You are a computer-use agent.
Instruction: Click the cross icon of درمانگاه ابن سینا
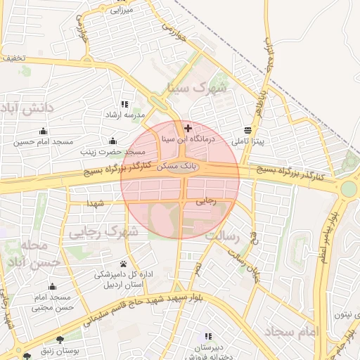(x=188, y=128)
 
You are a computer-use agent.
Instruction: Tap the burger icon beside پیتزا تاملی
(x=247, y=130)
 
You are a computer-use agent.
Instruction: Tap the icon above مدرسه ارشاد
(x=125, y=103)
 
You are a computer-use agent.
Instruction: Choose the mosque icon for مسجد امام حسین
(x=44, y=130)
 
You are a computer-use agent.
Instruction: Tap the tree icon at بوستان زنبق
(x=68, y=338)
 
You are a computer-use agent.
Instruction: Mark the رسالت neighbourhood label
(x=231, y=236)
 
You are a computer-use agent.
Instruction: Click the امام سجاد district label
(x=292, y=330)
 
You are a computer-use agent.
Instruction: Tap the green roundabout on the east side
(x=348, y=188)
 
